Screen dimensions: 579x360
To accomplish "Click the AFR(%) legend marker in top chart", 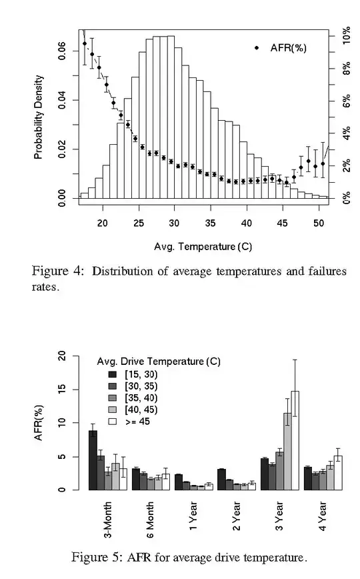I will click(257, 48).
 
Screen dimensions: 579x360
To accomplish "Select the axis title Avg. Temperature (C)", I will click(203, 246).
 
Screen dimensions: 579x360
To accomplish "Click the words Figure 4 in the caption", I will click(59, 271).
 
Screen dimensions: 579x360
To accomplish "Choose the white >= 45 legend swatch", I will click(112, 422).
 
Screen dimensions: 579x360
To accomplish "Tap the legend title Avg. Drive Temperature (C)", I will click(159, 362).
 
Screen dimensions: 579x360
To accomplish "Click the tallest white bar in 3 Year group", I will click(295, 440).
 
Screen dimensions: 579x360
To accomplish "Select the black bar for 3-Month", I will click(93, 460).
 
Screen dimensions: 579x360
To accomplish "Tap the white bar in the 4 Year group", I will click(338, 473).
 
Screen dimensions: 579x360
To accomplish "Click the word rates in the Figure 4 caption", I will click(44, 289).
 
